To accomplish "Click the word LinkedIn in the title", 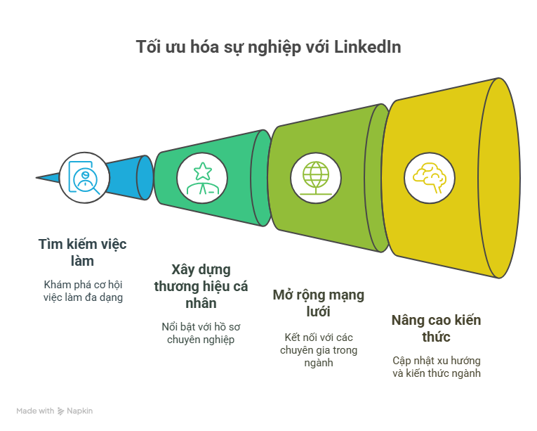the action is [367, 46].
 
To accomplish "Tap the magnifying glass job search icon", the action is [84, 177].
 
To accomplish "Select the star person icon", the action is [202, 179].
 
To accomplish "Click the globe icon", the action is [316, 178].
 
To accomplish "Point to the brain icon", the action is [430, 178].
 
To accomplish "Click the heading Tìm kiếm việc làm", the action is [82, 252].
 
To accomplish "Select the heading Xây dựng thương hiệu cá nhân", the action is [201, 286].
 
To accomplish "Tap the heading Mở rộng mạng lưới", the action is [319, 303].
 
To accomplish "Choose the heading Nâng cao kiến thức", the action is [437, 328].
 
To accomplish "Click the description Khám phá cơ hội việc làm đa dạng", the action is [83, 291].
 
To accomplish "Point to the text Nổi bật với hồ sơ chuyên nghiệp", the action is [201, 333].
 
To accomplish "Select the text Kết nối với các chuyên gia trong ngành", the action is [319, 350].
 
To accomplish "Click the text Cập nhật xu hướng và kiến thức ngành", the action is [437, 367].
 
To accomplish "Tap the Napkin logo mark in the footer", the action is [60, 411].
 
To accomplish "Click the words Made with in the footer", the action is [35, 411].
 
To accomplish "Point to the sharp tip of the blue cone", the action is [37, 178].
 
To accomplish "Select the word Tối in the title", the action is [148, 46].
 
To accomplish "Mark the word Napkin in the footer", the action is [80, 411].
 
